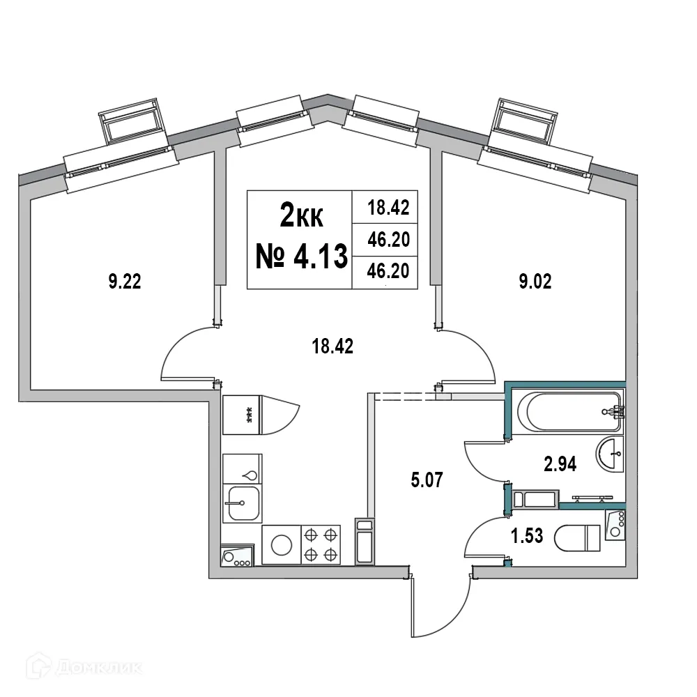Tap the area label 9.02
point(537,283)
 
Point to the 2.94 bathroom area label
point(560,464)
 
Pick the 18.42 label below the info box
point(333,346)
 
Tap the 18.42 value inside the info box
point(387,207)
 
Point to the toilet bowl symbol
point(578,538)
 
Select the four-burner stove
point(321,544)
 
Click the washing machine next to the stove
point(281,544)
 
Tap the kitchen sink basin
point(242,503)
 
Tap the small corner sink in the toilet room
point(614,524)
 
